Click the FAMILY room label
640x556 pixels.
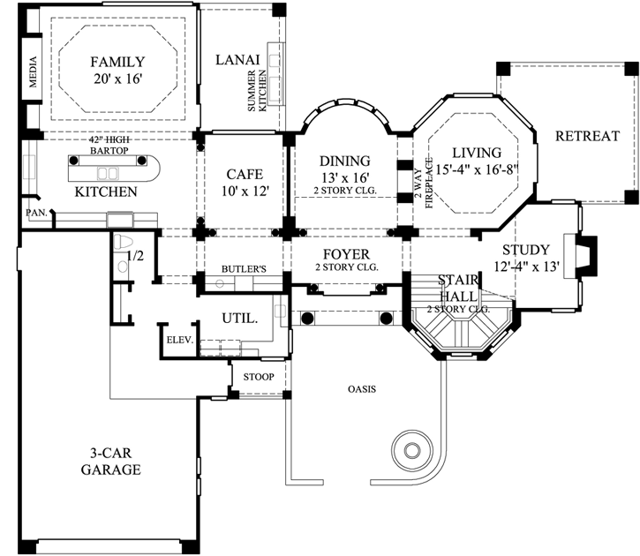[x=117, y=62]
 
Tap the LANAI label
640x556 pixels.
[x=237, y=60]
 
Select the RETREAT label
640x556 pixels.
[x=587, y=136]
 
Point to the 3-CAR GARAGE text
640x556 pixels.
[x=110, y=461]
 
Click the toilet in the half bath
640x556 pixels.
[x=123, y=244]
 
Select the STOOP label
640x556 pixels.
[x=259, y=378]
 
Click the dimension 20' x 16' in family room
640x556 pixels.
[x=117, y=79]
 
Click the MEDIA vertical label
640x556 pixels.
[x=34, y=74]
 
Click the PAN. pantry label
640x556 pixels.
[x=36, y=214]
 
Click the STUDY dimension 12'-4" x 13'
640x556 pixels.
[x=527, y=267]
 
